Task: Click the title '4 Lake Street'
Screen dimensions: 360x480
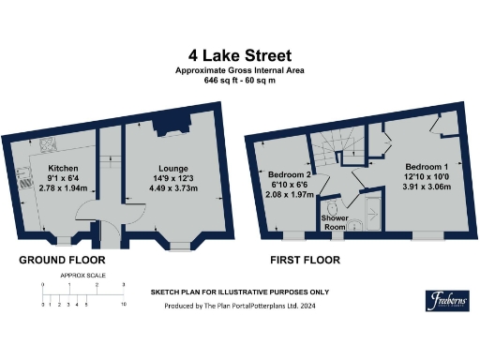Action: (x=239, y=55)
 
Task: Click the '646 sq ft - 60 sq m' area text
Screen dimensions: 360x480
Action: (x=239, y=81)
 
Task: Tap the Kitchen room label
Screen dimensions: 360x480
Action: (x=62, y=169)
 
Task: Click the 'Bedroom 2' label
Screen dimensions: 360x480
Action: (x=288, y=175)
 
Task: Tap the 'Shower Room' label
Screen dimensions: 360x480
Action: (x=336, y=222)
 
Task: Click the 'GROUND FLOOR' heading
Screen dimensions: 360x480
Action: (x=62, y=260)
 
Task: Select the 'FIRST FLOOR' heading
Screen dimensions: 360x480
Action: (x=307, y=260)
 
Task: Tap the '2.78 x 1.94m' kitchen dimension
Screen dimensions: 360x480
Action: (x=62, y=188)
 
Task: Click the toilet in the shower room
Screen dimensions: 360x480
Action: (x=332, y=207)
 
